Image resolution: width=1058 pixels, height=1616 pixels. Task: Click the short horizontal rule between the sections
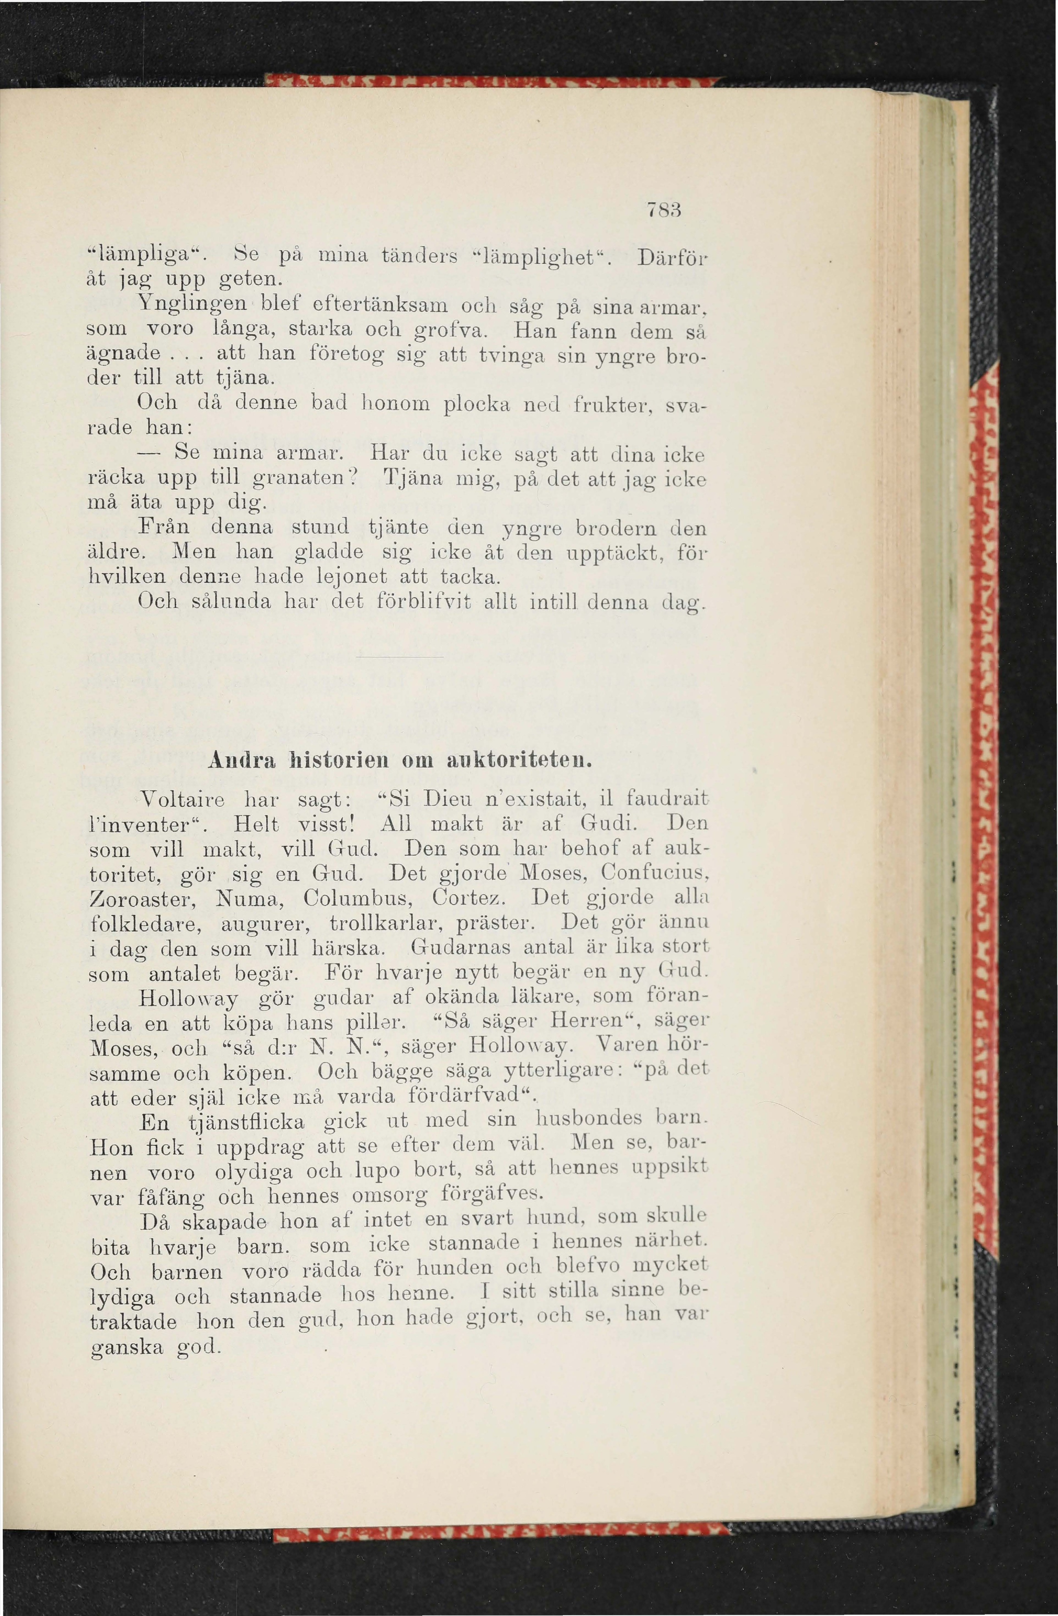pyautogui.click(x=398, y=657)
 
